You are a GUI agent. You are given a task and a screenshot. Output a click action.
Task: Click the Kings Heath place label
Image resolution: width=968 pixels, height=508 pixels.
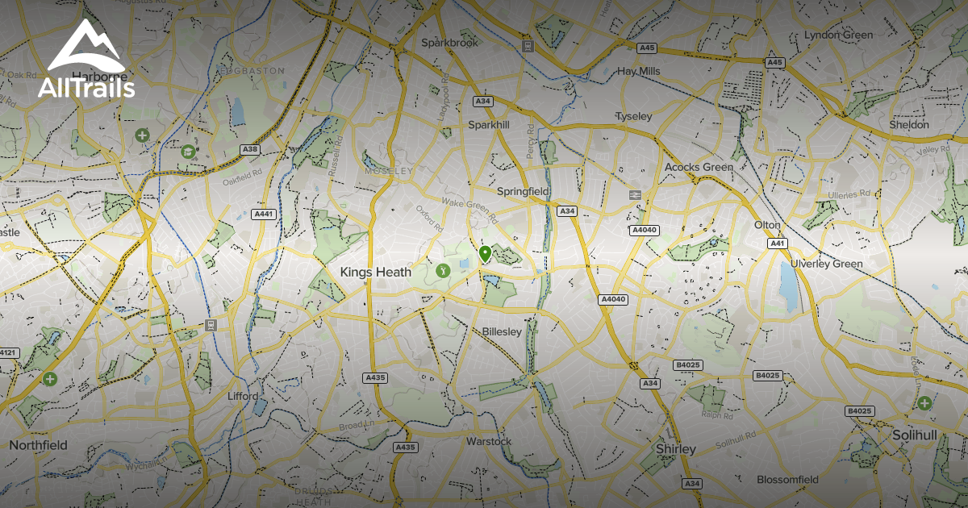(x=375, y=273)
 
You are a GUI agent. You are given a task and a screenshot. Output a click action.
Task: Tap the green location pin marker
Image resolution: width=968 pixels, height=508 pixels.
(x=485, y=254)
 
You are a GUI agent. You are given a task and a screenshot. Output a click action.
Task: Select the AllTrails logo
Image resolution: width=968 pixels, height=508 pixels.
(x=86, y=60)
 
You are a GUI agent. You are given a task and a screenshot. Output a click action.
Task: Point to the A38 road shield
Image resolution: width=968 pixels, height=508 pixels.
(x=250, y=149)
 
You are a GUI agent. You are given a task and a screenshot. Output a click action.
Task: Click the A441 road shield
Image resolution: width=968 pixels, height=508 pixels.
(x=264, y=214)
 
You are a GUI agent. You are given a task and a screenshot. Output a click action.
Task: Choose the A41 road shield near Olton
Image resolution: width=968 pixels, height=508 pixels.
(x=777, y=243)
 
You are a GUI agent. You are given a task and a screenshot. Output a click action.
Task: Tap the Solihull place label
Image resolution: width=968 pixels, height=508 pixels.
(x=915, y=435)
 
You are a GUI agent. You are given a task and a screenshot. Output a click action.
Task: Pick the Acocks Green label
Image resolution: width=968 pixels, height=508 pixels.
(x=699, y=167)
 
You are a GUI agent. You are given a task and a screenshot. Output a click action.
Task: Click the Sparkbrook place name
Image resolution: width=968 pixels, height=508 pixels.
(x=450, y=42)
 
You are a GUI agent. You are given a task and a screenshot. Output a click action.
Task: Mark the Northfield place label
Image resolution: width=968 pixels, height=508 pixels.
(x=38, y=444)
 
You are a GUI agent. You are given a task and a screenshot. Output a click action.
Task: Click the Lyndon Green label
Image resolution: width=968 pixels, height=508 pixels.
(x=838, y=35)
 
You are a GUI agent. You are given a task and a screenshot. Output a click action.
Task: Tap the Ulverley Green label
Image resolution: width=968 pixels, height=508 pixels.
(x=826, y=264)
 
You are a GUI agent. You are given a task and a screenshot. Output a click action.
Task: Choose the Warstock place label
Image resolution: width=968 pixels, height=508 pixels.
(x=489, y=441)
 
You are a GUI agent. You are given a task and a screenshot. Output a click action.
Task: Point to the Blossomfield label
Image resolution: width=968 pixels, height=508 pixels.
(x=787, y=480)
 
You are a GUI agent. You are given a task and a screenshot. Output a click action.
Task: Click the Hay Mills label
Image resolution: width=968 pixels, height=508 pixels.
(x=638, y=71)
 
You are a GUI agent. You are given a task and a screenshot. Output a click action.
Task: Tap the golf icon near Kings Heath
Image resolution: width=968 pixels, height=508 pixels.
(x=442, y=271)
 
